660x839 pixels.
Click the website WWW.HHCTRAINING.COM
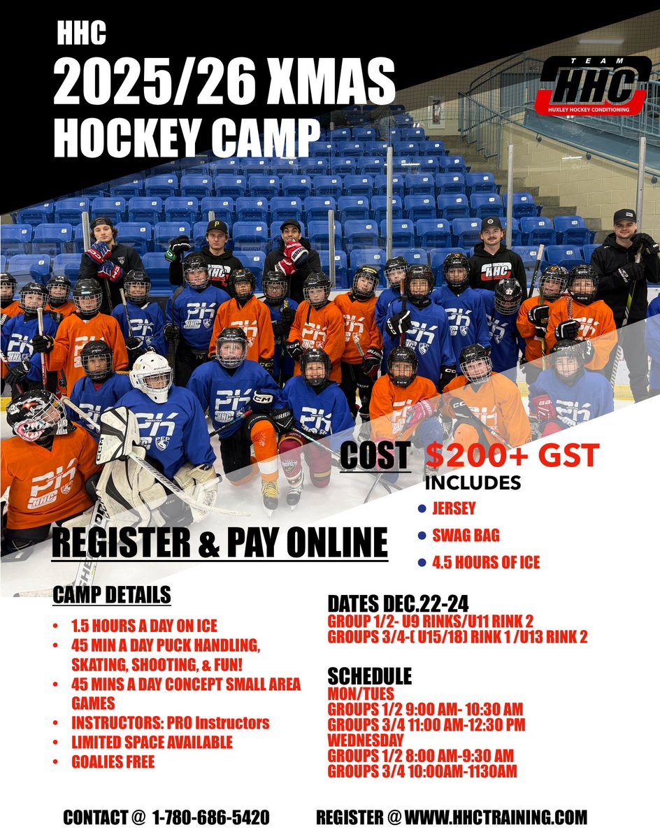pos(496,817)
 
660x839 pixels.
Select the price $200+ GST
pos(512,456)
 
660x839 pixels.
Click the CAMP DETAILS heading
pos(112,595)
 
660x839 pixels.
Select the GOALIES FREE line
pos(113,761)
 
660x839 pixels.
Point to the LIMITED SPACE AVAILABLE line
pos(152,742)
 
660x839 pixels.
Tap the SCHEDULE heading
pos(370,676)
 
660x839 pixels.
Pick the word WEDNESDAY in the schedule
pos(366,739)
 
